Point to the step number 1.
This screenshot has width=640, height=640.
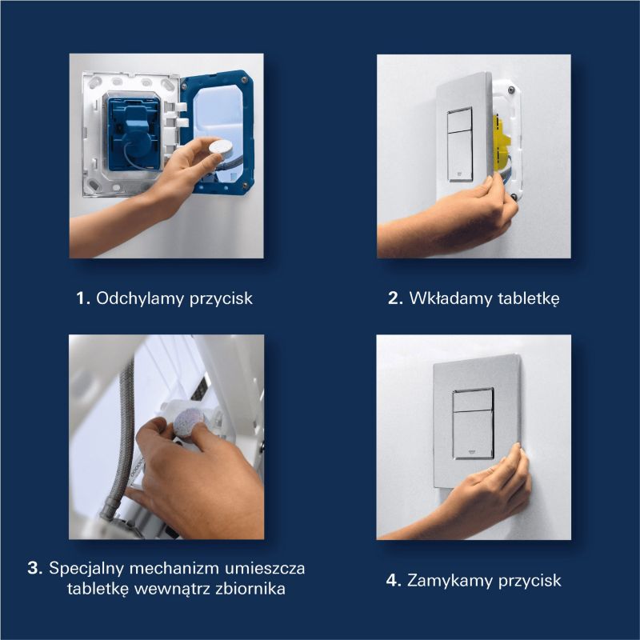coord(81,298)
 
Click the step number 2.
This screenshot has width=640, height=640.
coord(394,298)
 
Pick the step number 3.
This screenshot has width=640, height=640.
coord(34,569)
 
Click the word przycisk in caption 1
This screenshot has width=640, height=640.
coord(222,298)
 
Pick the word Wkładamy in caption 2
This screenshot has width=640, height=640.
coord(447,298)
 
